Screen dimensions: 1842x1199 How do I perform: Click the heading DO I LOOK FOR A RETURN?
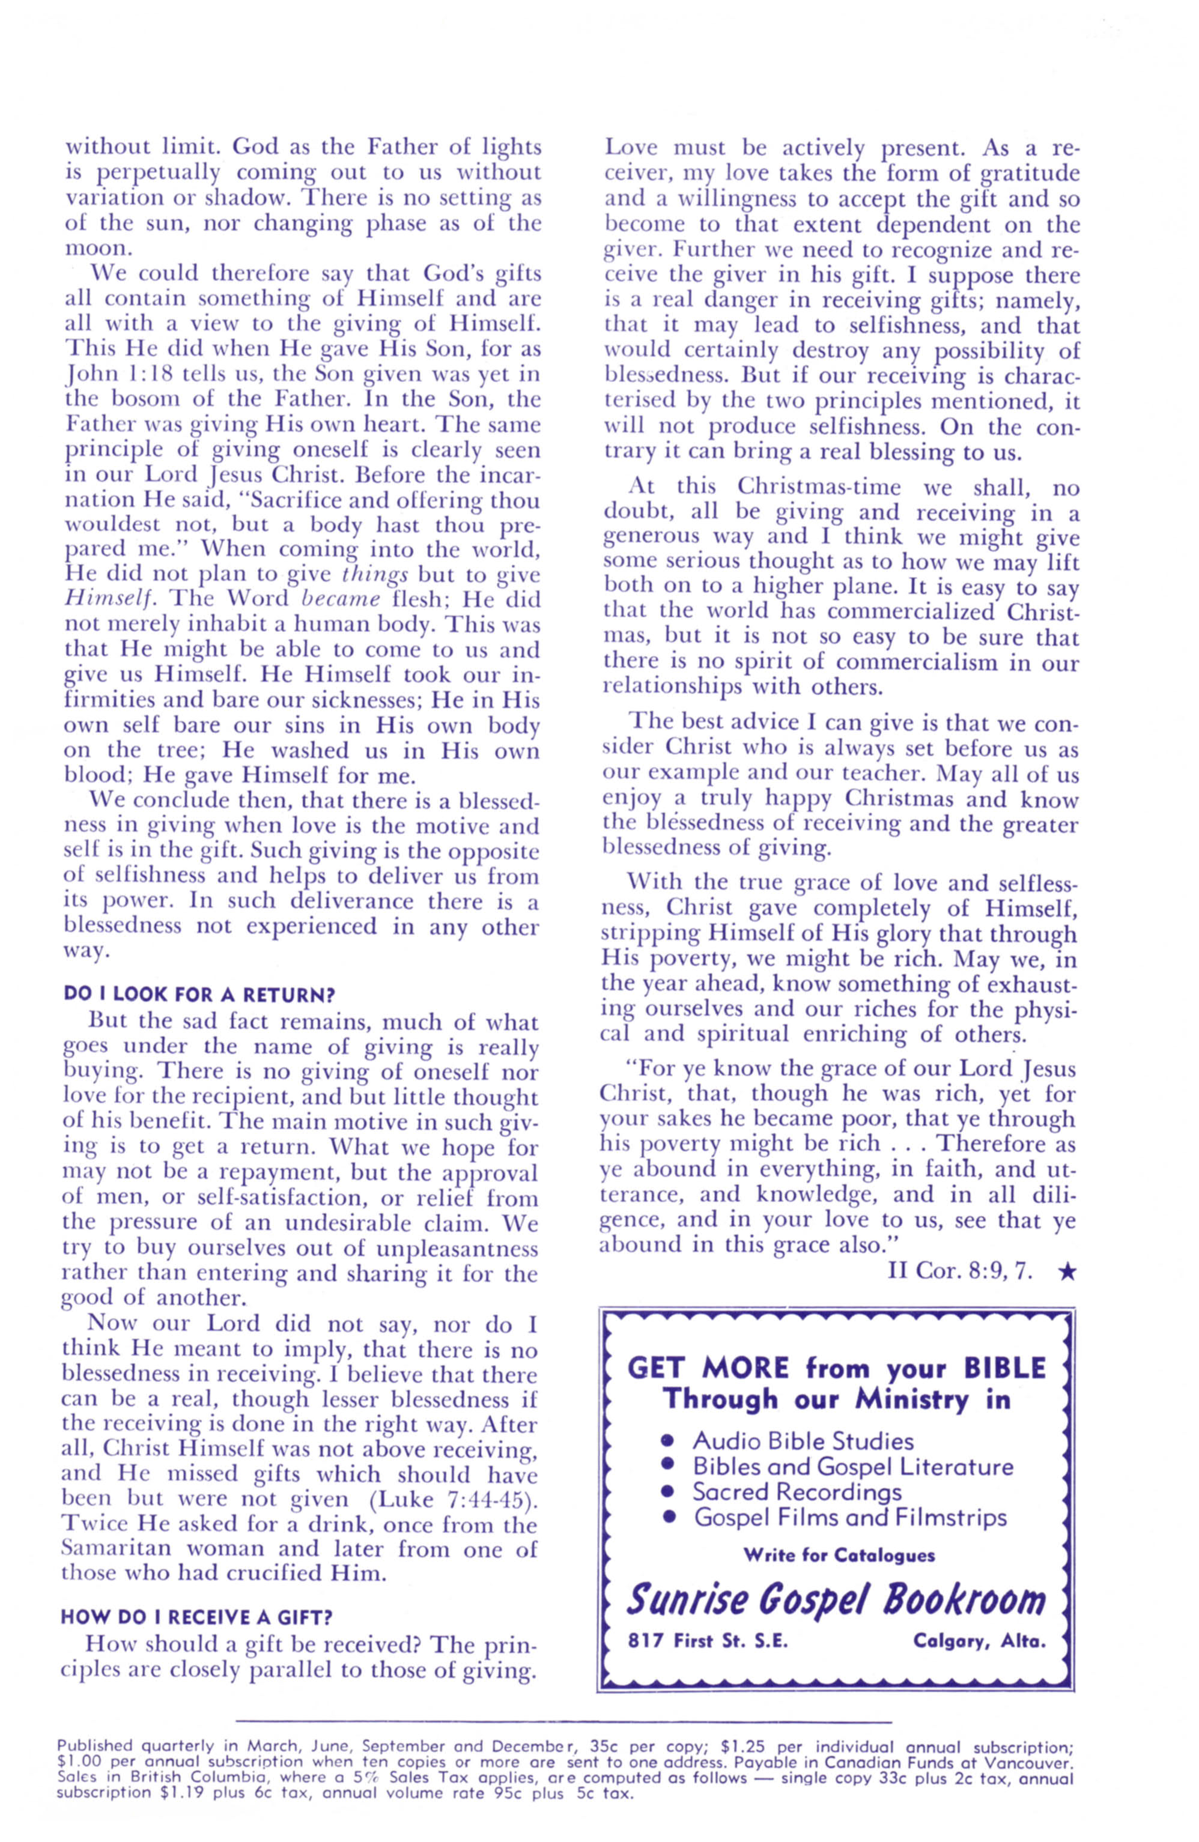coord(199,994)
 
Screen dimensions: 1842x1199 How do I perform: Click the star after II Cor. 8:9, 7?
coord(1066,1271)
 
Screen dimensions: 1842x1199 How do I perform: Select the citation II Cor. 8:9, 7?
coord(959,1271)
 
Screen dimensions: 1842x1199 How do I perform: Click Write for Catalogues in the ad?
coord(839,1555)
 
